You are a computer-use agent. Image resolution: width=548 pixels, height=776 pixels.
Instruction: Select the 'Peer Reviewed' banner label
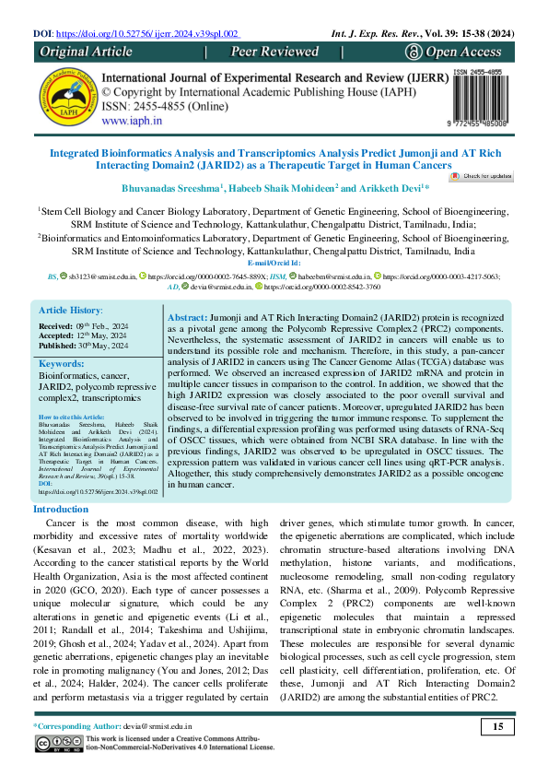(x=274, y=53)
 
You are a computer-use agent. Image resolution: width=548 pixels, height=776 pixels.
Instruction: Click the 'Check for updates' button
(x=482, y=175)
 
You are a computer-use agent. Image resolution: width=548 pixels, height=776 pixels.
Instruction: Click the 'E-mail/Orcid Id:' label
(x=274, y=264)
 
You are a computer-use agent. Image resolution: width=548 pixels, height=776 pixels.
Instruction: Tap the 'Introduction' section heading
(x=61, y=509)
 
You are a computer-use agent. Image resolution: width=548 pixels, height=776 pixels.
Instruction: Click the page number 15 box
(x=497, y=728)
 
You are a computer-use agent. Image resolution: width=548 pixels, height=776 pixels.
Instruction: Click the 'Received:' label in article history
(x=57, y=326)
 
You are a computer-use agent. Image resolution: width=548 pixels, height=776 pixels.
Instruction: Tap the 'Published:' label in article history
(x=59, y=345)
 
